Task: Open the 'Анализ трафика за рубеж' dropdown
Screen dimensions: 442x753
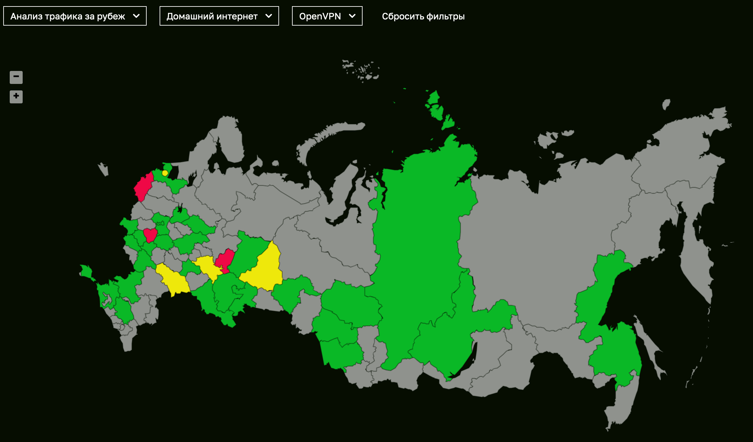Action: click(74, 16)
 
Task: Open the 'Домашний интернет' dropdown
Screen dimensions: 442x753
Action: click(219, 16)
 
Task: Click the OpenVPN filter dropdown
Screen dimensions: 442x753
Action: click(327, 16)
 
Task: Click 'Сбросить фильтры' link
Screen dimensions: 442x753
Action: click(423, 16)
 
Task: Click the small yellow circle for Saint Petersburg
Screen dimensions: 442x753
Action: click(165, 173)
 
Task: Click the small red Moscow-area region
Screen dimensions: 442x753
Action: click(150, 234)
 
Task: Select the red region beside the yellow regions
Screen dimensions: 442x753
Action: click(225, 259)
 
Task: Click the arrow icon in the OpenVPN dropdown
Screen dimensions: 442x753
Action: click(352, 16)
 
